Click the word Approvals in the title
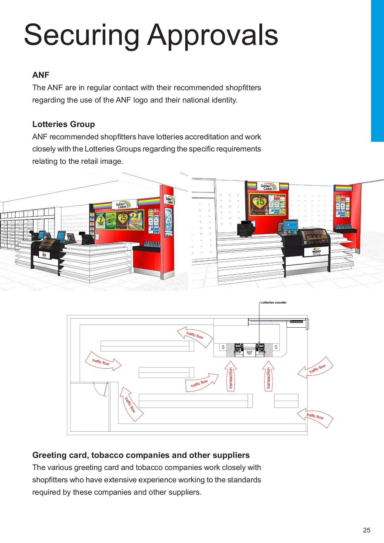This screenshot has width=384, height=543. (213, 36)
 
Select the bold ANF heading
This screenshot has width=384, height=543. (41, 75)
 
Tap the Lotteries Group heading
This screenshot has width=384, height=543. (64, 124)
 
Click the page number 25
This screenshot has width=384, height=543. (367, 530)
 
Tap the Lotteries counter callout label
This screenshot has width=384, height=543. (273, 303)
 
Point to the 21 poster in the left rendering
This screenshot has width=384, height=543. (136, 220)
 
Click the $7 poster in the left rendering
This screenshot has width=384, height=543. (100, 221)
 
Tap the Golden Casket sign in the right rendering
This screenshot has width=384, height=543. (267, 187)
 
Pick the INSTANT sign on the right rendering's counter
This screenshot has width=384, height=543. (316, 252)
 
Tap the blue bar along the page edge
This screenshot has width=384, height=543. (377, 71)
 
